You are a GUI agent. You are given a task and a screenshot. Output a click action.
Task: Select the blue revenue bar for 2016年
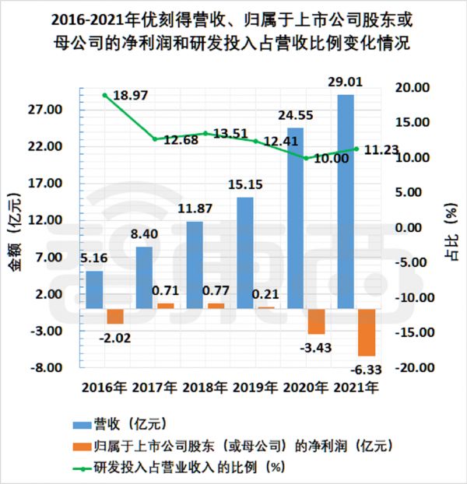point(94,289)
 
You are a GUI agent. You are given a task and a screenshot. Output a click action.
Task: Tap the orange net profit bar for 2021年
point(367,332)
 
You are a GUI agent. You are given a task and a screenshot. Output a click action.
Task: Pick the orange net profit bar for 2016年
point(115,316)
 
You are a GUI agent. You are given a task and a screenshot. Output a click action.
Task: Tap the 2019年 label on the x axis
point(255,387)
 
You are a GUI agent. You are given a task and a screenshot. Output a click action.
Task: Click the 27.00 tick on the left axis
point(44,110)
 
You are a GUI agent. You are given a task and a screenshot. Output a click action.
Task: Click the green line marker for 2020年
point(307,158)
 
